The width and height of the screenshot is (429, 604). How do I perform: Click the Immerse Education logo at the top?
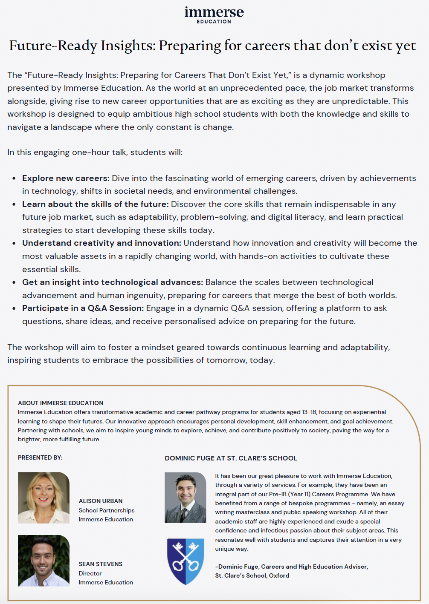214,14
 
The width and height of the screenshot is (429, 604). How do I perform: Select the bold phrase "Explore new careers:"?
66,178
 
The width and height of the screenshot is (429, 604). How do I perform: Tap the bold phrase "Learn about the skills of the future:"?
95,204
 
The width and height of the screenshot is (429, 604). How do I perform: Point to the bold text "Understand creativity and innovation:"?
101,243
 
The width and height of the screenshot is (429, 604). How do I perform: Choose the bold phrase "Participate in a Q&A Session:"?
83,308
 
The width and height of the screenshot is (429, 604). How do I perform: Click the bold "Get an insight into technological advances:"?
113,282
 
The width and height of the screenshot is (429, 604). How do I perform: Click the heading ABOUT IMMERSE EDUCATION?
61,403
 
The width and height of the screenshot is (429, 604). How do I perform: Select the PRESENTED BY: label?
40,457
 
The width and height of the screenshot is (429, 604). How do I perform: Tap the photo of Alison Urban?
43,498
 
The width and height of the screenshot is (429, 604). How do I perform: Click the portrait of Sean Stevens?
43,561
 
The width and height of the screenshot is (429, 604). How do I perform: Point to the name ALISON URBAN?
101,501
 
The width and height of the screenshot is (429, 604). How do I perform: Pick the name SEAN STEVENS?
101,564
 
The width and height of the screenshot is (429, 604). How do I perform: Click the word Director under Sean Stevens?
90,573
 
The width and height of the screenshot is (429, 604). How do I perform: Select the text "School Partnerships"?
107,510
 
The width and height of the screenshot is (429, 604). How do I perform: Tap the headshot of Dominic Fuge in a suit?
186,498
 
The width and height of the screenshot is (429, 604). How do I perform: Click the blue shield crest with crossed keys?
186,561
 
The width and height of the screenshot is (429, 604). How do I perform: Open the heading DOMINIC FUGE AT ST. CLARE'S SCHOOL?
231,458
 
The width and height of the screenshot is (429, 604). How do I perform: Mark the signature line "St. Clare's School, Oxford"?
252,575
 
